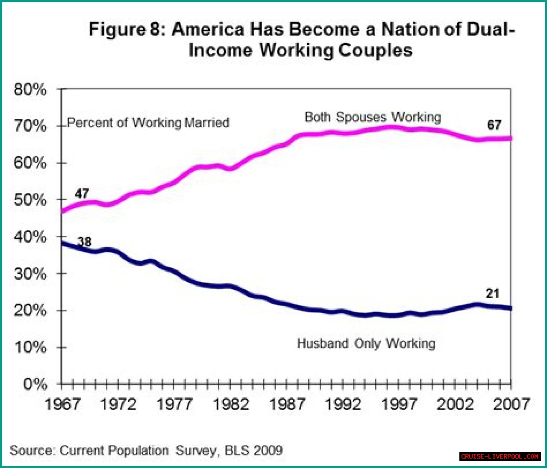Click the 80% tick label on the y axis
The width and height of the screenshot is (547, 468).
click(x=30, y=89)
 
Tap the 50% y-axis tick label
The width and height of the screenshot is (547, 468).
click(x=30, y=200)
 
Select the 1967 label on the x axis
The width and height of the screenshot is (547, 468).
click(x=62, y=404)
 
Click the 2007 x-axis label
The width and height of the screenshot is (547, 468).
click(x=511, y=404)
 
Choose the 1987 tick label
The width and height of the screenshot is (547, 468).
click(x=287, y=404)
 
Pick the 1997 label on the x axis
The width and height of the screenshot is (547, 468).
click(x=399, y=404)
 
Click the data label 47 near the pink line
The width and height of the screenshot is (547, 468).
click(x=82, y=193)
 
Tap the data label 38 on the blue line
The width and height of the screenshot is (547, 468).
click(x=85, y=242)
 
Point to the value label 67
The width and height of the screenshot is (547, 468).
click(x=494, y=125)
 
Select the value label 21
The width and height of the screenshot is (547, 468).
click(x=492, y=293)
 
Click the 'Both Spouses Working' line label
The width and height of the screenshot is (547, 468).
click(x=373, y=117)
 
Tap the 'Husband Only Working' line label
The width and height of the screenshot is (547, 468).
click(x=366, y=344)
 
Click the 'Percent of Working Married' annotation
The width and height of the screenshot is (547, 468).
click(x=148, y=123)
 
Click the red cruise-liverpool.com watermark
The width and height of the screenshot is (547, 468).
click(x=500, y=456)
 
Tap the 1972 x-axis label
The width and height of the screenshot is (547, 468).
click(x=118, y=404)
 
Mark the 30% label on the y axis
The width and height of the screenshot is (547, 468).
click(x=30, y=274)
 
